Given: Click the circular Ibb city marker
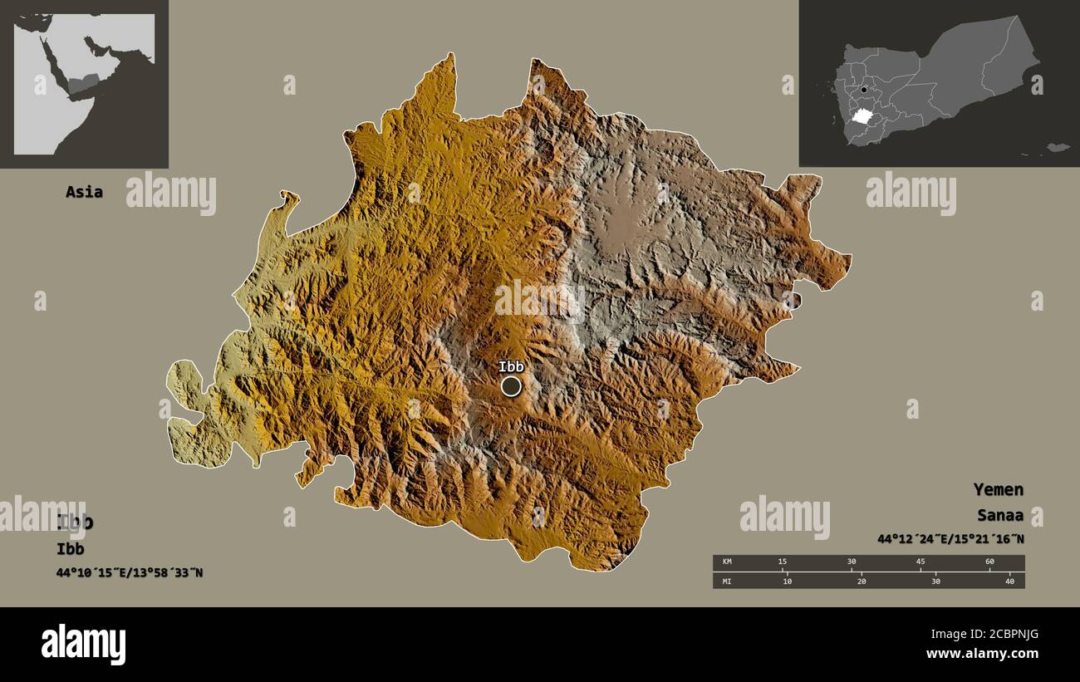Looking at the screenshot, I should [x=511, y=386].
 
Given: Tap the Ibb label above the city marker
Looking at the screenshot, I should [x=512, y=366].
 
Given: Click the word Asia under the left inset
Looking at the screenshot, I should [x=84, y=192].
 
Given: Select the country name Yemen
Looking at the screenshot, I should [x=998, y=489].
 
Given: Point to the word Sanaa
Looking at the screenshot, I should [x=1000, y=515].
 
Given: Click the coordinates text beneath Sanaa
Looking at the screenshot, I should [x=950, y=539].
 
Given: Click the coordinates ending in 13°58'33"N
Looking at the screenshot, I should [x=129, y=572].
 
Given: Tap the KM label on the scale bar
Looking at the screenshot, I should [x=728, y=562].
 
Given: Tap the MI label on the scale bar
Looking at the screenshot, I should [x=727, y=581].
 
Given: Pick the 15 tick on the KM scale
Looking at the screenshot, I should [x=782, y=562].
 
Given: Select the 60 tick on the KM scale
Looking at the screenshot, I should [x=989, y=562].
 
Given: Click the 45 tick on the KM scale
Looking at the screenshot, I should [x=920, y=562].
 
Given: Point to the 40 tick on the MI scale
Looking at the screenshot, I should [x=1009, y=581].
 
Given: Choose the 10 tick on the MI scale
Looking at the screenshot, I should [x=788, y=581].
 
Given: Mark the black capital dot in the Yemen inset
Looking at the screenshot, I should [x=864, y=90].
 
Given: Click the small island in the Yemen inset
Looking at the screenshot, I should [x=1057, y=147].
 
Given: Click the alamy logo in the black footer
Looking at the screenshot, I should [x=83, y=645].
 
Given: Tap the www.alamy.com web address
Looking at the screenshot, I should [x=982, y=654].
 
